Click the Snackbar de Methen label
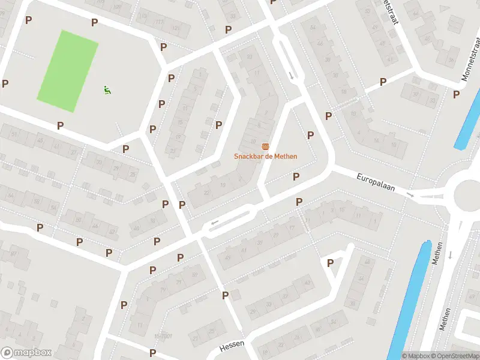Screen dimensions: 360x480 click(266, 157)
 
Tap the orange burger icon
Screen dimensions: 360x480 click(265, 147)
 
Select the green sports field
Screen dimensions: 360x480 click(68, 71)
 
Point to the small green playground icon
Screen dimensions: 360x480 click(107, 91)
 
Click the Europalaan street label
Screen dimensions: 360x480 click(376, 182)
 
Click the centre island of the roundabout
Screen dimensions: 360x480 click(469, 193)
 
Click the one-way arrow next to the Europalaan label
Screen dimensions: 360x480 click(410, 194)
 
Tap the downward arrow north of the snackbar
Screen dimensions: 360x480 click(292, 76)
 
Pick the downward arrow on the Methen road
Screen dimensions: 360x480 click(450, 254)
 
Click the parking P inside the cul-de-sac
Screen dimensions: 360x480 click(330, 263)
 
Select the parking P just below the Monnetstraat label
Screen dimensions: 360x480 click(457, 94)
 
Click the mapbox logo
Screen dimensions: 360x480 click(26, 352)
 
